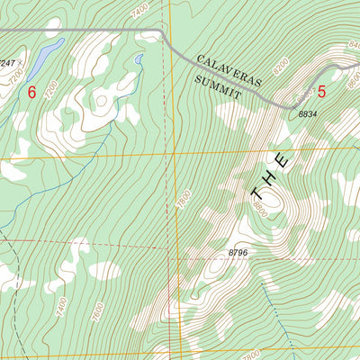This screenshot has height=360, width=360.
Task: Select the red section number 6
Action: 32,92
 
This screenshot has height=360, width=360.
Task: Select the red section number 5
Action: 321,91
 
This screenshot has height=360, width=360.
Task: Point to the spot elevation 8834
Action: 309,115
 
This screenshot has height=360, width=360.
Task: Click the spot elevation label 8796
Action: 238,253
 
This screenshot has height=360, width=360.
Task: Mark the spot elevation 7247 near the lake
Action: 8,63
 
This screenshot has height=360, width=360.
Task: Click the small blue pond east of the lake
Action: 139,61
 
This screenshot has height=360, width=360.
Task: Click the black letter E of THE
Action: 283,161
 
